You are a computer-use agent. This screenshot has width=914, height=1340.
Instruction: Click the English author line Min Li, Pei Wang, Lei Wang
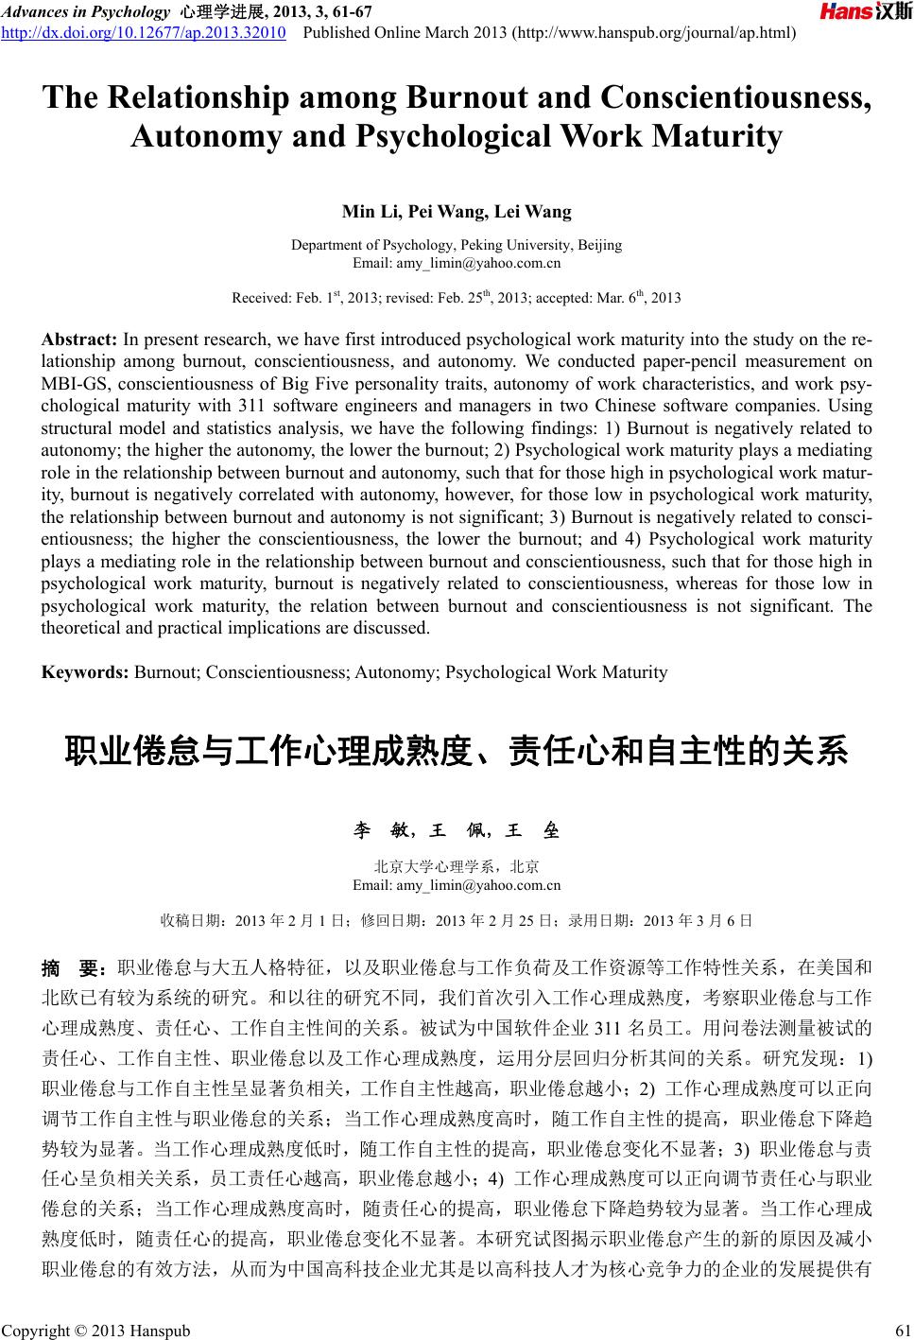pyautogui.click(x=457, y=211)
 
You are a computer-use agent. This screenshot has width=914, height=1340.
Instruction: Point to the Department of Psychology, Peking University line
pyautogui.click(x=457, y=245)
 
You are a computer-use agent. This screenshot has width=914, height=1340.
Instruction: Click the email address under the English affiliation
pyautogui.click(x=457, y=262)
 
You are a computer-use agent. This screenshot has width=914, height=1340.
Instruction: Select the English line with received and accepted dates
pyautogui.click(x=457, y=297)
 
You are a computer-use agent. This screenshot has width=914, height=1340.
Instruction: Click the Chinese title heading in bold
pyautogui.click(x=457, y=752)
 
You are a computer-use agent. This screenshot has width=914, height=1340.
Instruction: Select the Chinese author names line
pyautogui.click(x=457, y=831)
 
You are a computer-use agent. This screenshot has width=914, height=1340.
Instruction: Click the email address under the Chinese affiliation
pyautogui.click(x=457, y=885)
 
